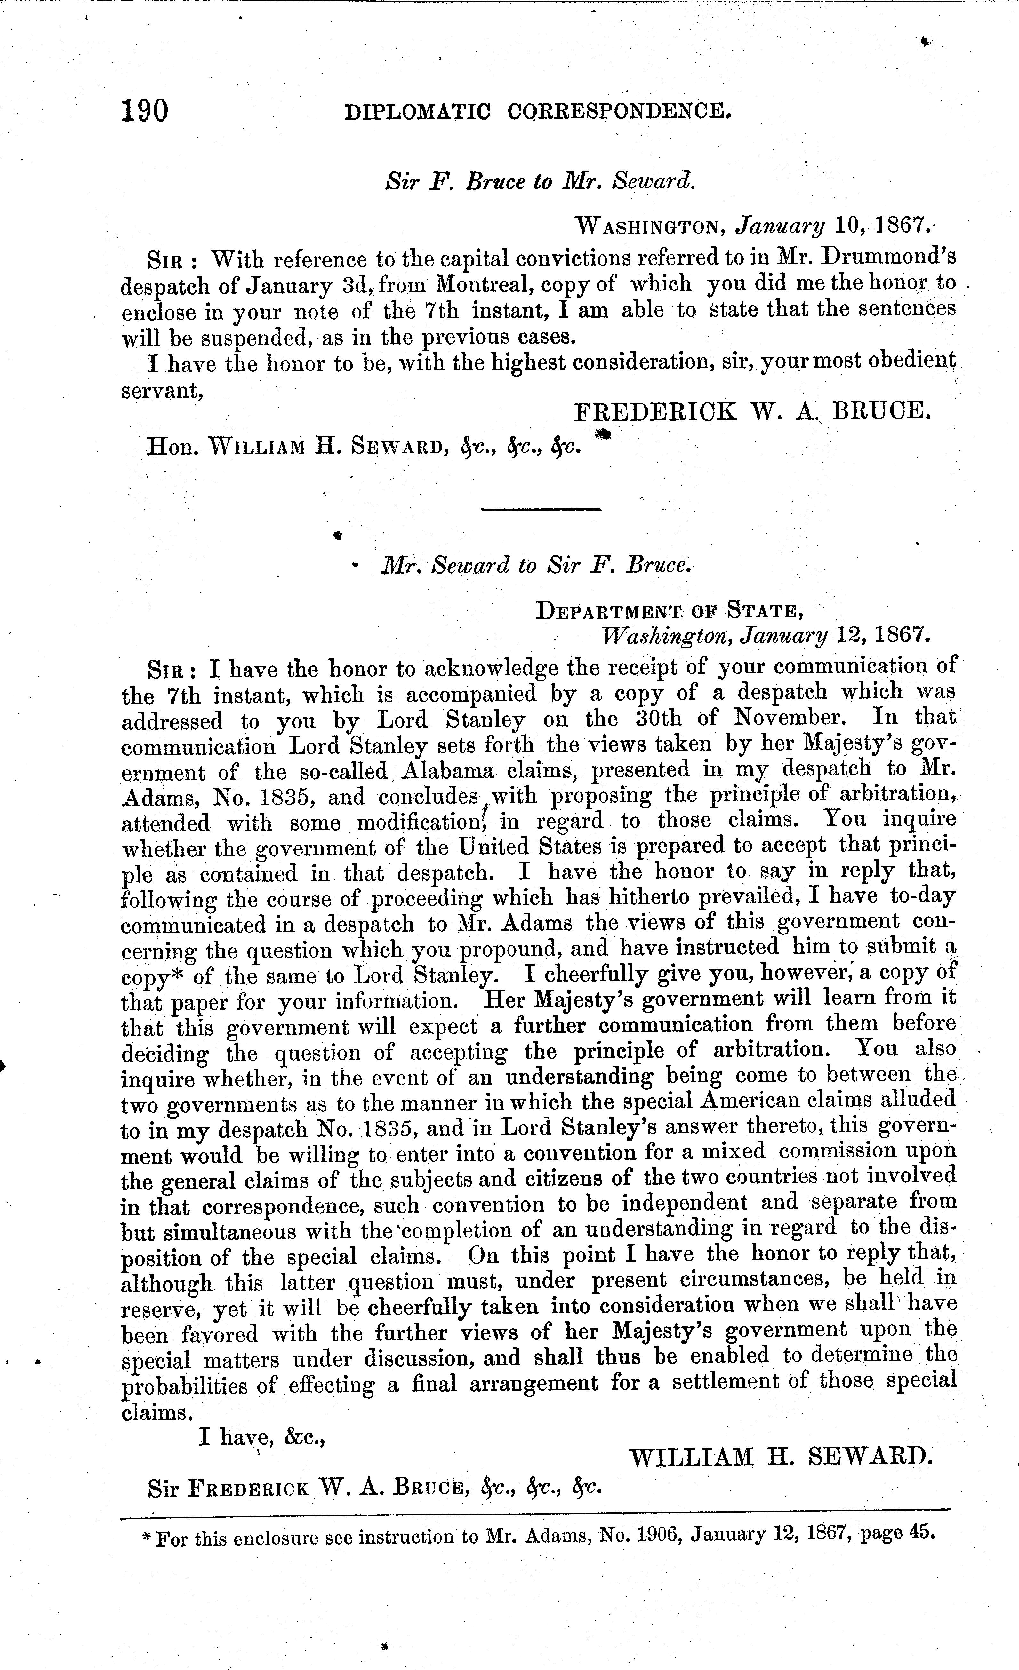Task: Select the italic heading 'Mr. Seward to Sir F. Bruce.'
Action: [x=536, y=565]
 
